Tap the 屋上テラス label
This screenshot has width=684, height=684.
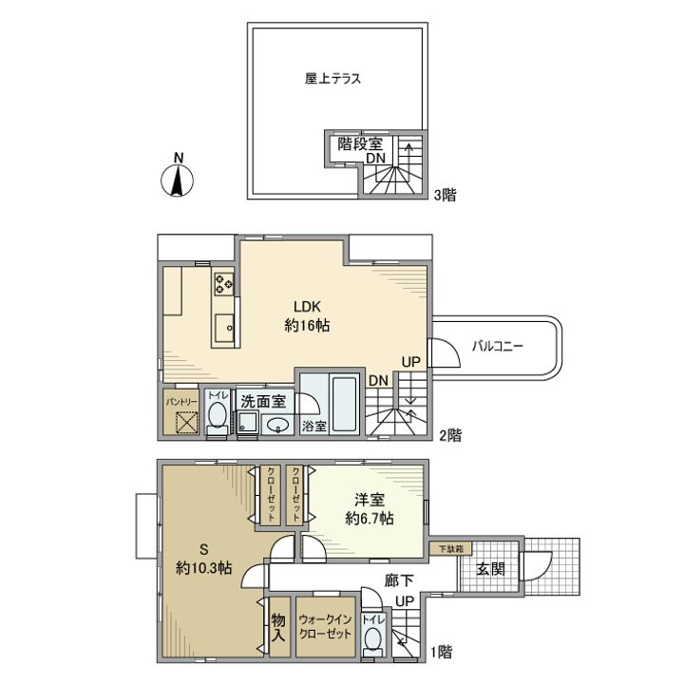[x=332, y=79]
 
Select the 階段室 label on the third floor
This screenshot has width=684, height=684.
[x=360, y=143]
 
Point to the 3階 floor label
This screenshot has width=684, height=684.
[x=445, y=195]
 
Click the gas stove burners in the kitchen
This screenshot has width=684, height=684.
[x=223, y=283]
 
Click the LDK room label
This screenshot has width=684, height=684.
[x=307, y=307]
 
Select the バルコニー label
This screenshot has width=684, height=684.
[x=497, y=347]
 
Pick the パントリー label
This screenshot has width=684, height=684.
[x=181, y=401]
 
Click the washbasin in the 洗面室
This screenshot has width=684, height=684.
[x=277, y=425]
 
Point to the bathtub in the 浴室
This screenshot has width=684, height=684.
[x=345, y=404]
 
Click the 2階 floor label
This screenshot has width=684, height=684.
[x=450, y=435]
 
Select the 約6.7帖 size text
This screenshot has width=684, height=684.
[x=370, y=519]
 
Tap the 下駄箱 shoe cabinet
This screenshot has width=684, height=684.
[x=450, y=549]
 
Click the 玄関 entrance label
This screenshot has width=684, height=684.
[x=490, y=569]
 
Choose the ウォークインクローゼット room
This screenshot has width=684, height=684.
[x=326, y=626]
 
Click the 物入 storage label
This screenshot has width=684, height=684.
[x=278, y=627]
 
